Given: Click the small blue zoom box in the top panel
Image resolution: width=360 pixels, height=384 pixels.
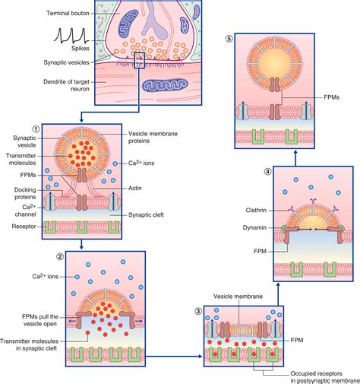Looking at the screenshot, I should pyautogui.click(x=140, y=60).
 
